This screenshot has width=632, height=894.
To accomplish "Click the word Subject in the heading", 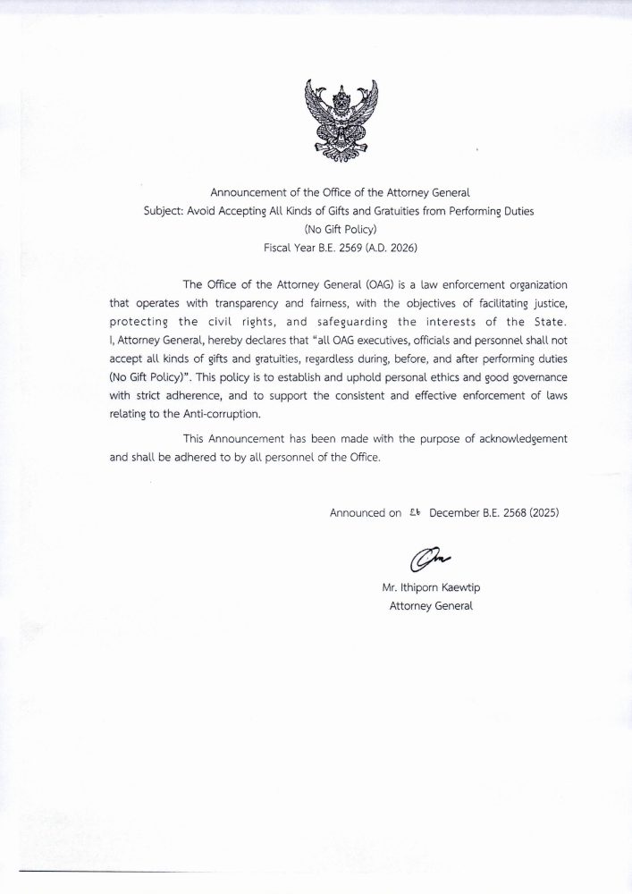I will pos(164,210).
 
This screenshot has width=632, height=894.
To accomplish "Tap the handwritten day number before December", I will pos(414,513).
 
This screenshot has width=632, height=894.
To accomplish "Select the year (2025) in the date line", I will pos(542,514).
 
